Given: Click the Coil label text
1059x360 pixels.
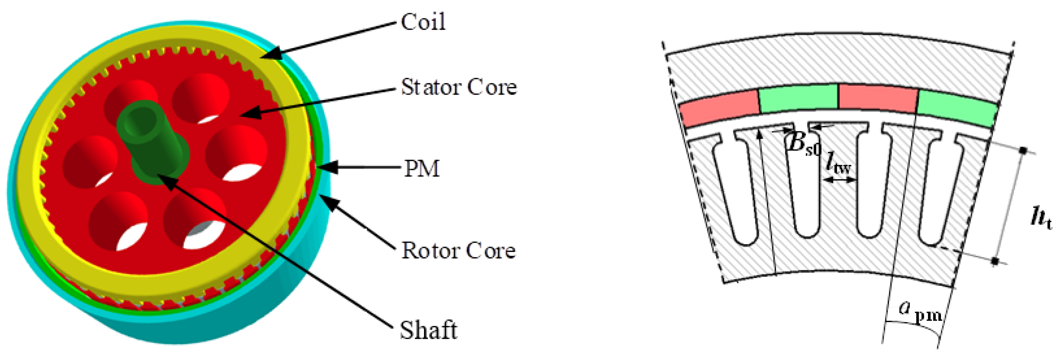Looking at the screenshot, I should click(423, 22).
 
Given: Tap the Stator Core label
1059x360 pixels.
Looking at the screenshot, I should click(458, 87).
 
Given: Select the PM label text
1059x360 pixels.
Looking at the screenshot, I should click(422, 169).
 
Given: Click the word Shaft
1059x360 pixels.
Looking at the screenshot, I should click(428, 330).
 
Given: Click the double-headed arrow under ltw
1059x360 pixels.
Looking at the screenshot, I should click(841, 179).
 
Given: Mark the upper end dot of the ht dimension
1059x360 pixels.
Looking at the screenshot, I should click(1024, 151).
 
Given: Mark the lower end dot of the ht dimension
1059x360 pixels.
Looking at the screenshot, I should click(995, 261).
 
